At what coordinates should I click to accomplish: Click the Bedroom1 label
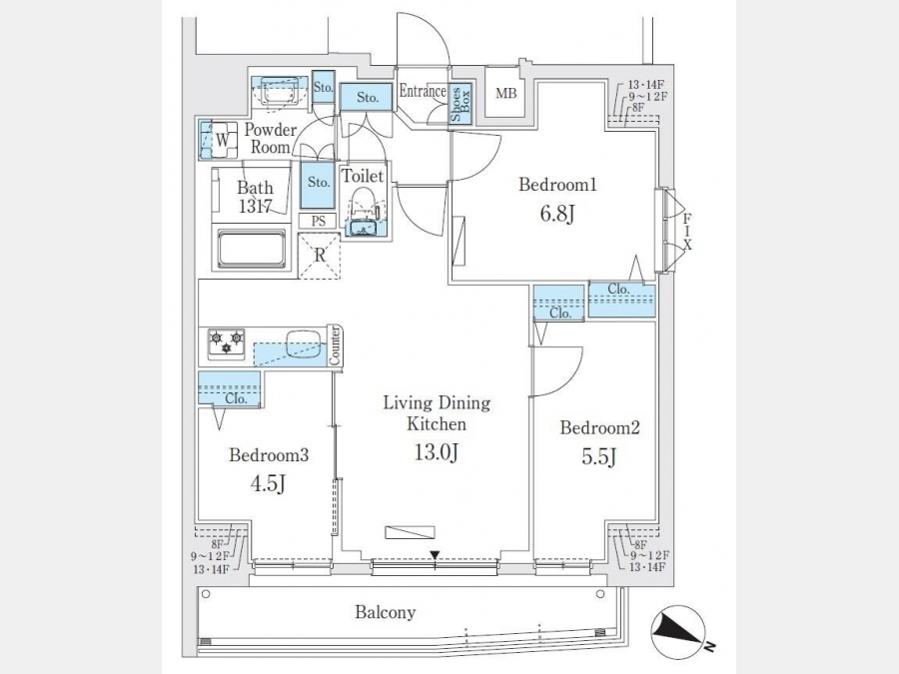coord(557,185)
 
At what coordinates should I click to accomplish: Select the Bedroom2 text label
coord(599,428)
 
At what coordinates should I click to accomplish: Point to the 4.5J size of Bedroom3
coord(268,486)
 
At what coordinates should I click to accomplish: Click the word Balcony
coord(386,612)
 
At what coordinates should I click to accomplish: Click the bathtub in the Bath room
coord(252,249)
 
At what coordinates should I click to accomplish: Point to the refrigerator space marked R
coord(320,255)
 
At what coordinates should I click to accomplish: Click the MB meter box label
coord(506,95)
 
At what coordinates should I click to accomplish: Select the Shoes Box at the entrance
coord(461,104)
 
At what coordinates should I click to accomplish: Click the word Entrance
coord(423,92)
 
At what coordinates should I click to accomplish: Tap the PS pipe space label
coord(319,221)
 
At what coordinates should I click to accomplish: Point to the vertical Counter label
coord(336,344)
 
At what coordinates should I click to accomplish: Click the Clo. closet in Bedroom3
coord(237,397)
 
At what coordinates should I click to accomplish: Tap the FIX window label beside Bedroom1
coord(687,230)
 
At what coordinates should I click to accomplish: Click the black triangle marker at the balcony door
coord(435,555)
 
